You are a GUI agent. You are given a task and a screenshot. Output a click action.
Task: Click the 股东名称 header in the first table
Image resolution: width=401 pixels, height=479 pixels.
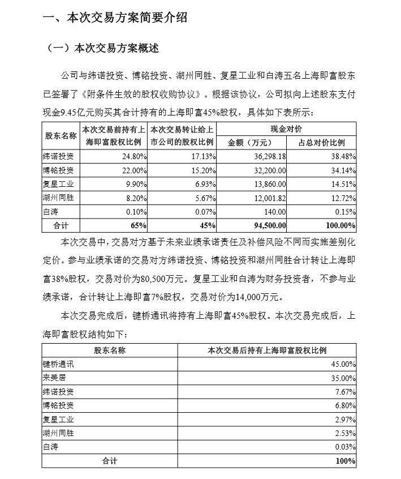click(61, 136)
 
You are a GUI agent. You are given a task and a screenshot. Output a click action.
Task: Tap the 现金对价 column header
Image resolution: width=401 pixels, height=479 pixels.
click(287, 130)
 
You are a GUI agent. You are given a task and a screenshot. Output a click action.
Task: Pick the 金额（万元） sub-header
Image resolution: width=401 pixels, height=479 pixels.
click(252, 143)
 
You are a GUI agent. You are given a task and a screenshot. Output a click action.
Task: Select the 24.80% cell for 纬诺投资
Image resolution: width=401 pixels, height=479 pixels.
click(134, 156)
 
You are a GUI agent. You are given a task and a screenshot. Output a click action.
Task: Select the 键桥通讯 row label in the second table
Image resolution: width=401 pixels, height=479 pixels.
click(58, 364)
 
